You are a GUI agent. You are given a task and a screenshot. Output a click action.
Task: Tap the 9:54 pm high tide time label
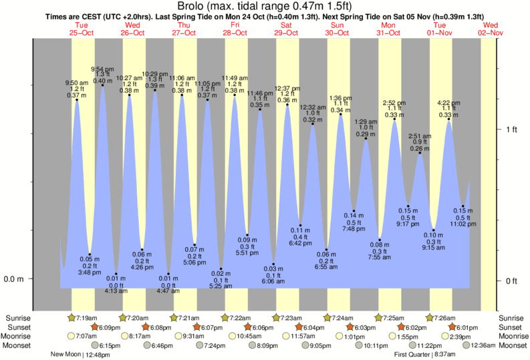[102, 69]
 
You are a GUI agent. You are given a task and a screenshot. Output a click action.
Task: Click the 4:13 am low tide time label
[116, 291]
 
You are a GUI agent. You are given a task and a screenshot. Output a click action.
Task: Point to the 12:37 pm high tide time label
[287, 88]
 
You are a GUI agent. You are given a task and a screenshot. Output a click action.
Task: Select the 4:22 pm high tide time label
[448, 103]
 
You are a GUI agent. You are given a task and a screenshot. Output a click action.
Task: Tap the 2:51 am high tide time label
[420, 136]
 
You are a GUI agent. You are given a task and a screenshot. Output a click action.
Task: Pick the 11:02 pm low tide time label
[462, 224]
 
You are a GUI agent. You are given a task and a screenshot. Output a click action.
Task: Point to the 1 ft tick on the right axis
[511, 129]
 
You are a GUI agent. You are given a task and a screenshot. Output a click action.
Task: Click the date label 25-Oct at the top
[82, 33]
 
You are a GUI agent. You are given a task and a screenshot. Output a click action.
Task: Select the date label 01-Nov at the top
[439, 33]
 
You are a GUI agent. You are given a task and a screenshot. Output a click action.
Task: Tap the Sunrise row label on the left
[18, 318]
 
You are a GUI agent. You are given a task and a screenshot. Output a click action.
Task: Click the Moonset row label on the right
[513, 346]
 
